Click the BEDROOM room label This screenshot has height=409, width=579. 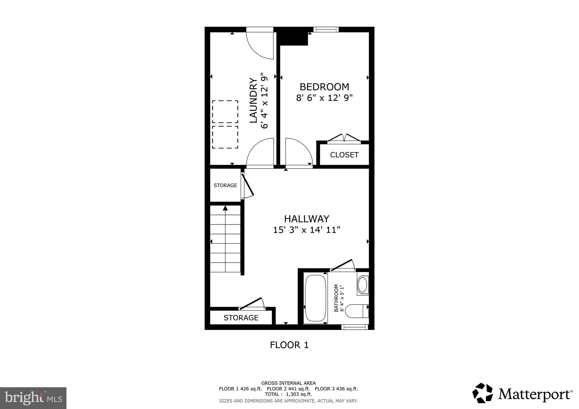tap(324, 87)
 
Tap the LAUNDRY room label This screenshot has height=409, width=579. tap(253, 101)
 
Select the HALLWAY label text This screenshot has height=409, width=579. tap(306, 219)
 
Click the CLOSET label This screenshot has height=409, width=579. tap(344, 155)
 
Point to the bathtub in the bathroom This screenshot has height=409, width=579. tap(315, 298)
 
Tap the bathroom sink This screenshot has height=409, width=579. tap(362, 285)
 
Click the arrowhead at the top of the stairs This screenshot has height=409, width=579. tap(225, 208)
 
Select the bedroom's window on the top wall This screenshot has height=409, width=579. tap(326, 29)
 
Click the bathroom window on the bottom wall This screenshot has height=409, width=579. tap(355, 327)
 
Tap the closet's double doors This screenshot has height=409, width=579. tap(344, 138)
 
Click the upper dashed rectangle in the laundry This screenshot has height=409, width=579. tap(225, 112)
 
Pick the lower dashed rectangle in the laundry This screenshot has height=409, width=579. tap(225, 137)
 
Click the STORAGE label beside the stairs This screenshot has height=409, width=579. tap(225, 185)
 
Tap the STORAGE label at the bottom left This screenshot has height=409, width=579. tap(241, 318)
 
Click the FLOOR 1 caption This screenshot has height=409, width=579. tap(289, 345)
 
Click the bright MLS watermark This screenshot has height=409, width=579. tap(33, 398)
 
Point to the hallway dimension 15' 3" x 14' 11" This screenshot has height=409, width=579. tap(306, 230)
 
